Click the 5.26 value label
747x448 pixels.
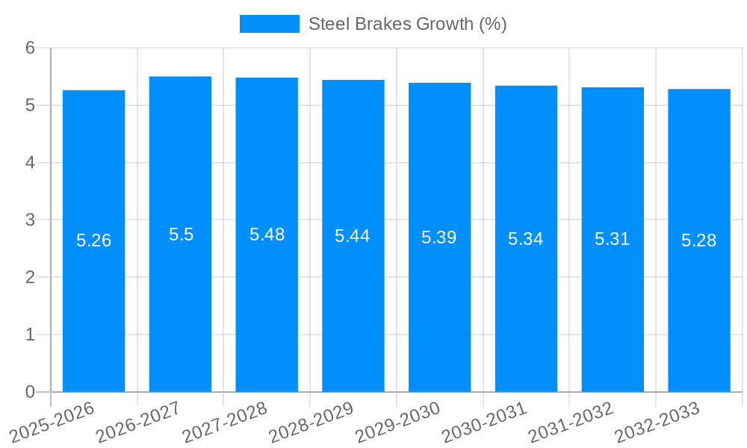[94, 240]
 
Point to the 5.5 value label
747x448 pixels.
[181, 234]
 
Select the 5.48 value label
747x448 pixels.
[267, 234]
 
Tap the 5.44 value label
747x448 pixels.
[353, 236]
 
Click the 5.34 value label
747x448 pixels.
[526, 239]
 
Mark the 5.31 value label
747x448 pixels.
[613, 239]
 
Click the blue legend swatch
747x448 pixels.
[269, 24]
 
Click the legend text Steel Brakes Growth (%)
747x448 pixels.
[408, 24]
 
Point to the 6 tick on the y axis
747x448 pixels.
[30, 48]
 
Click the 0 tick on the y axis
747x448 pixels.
[30, 392]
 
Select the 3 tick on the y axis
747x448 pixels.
[30, 220]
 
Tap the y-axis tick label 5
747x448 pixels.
[30, 105]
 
